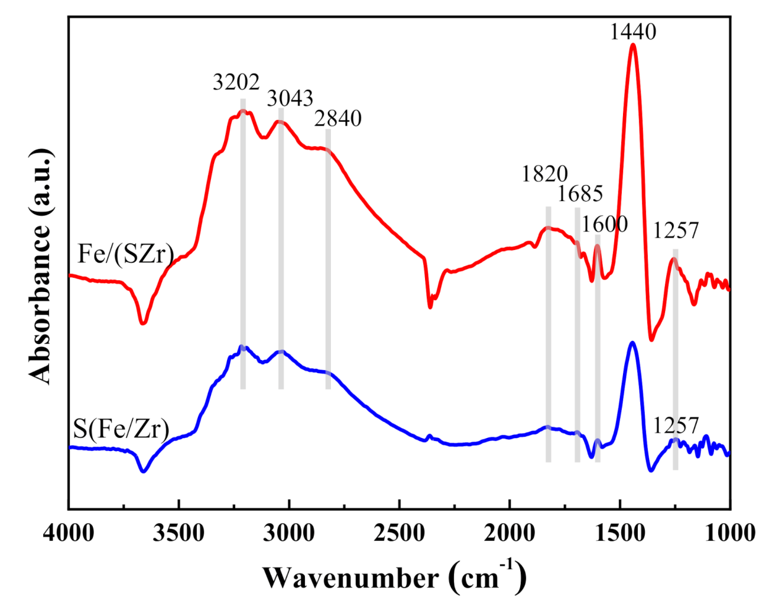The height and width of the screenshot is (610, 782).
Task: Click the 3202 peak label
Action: pyautogui.click(x=236, y=82)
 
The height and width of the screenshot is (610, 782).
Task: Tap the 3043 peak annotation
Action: pyautogui.click(x=290, y=98)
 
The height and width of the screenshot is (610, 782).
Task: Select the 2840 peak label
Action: pyautogui.click(x=338, y=119)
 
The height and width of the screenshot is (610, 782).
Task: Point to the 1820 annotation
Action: pyautogui.click(x=544, y=174)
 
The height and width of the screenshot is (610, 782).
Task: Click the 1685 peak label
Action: pyautogui.click(x=580, y=194)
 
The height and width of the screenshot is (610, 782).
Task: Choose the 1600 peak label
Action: pyautogui.click(x=604, y=224)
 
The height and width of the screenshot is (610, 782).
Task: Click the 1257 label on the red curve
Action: pyautogui.click(x=676, y=231)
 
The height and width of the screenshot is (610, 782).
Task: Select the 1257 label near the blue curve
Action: pyautogui.click(x=676, y=426)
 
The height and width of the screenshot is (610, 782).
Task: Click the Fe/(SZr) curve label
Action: pyautogui.click(x=126, y=254)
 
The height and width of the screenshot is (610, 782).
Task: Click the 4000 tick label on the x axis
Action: pyautogui.click(x=69, y=533)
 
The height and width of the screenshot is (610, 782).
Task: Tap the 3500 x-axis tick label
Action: pyautogui.click(x=179, y=533)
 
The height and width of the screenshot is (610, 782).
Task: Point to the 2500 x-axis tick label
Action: pyautogui.click(x=400, y=533)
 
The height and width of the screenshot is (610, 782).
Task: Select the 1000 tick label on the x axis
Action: pyautogui.click(x=730, y=533)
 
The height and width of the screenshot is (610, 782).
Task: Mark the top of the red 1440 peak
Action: pyautogui.click(x=633, y=45)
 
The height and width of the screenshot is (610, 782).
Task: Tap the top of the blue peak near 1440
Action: pyautogui.click(x=632, y=342)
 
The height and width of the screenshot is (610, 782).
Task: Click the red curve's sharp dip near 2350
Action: pyautogui.click(x=430, y=306)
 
